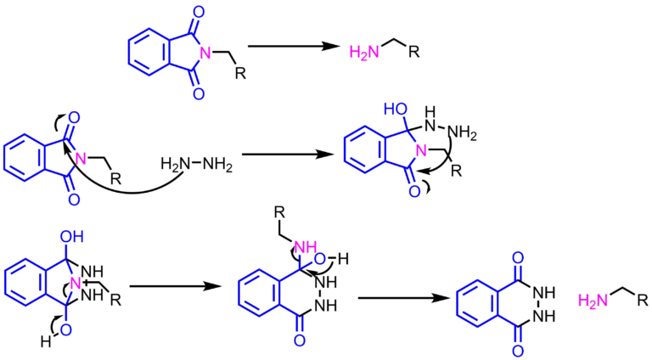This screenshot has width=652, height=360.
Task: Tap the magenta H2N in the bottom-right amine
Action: (592, 299)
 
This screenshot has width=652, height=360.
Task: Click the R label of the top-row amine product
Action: (413, 53)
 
